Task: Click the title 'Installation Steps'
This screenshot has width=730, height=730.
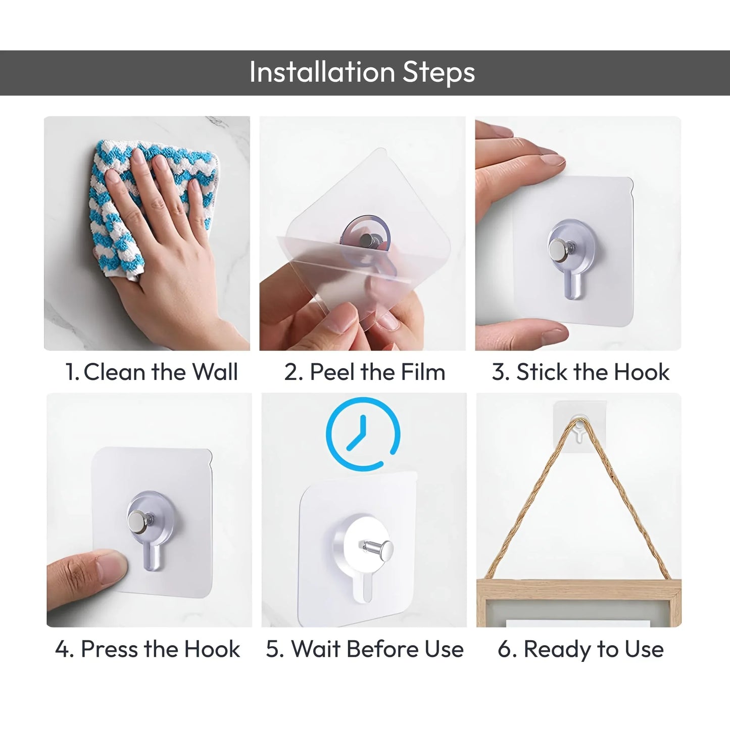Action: pos(362,72)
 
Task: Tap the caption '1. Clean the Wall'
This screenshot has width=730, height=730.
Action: pos(151,372)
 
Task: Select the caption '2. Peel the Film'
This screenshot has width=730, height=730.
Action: pos(364,372)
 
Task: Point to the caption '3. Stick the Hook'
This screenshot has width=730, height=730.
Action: pos(580,372)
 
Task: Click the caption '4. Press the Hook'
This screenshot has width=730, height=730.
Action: pos(148,649)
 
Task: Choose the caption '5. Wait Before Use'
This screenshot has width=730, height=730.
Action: pos(364,649)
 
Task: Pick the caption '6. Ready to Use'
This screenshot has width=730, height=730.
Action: pos(580,649)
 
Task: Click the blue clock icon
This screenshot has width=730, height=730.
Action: pos(363,434)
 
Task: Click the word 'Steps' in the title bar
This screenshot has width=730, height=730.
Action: pos(439,72)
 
